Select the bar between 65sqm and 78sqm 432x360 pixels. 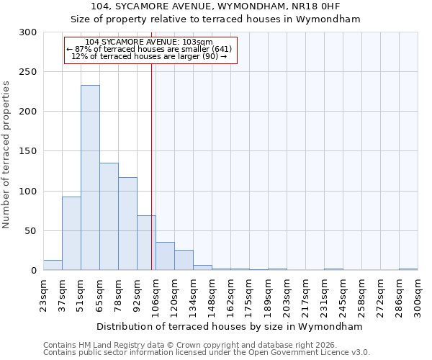[x=109, y=217]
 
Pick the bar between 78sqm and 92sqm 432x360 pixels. [x=127, y=224]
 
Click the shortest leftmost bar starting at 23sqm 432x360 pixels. [x=53, y=265]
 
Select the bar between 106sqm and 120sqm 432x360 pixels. [x=165, y=256]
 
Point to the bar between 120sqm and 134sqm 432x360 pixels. [x=184, y=260]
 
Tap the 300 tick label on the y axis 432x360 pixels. [x=28, y=32]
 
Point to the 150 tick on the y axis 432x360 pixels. [x=28, y=151]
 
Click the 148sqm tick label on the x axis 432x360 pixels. [x=212, y=294]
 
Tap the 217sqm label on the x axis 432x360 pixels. [x=306, y=294]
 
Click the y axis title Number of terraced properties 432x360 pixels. [x=6, y=155]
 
